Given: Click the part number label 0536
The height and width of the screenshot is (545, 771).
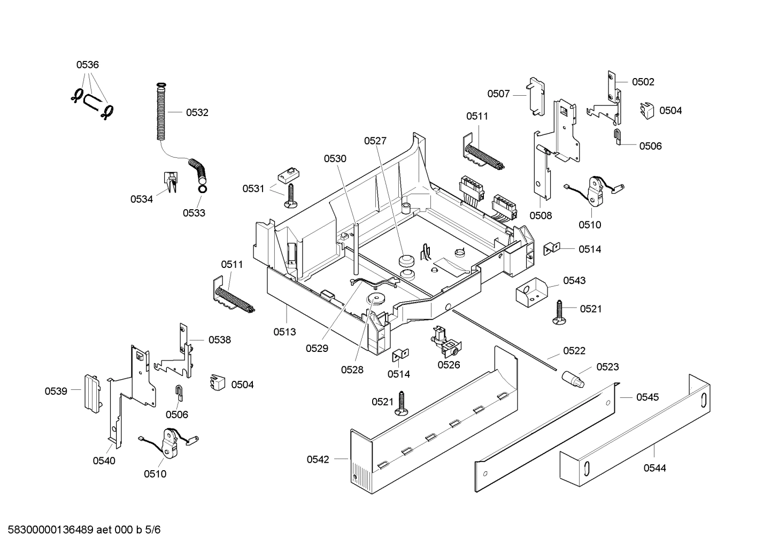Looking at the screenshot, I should (x=87, y=65).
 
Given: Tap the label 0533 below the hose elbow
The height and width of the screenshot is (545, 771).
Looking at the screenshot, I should (x=194, y=213).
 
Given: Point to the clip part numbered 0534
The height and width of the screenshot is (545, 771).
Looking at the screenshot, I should (x=171, y=183).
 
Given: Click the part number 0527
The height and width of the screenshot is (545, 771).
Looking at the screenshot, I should (x=375, y=141).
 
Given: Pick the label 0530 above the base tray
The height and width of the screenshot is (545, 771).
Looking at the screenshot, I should (x=335, y=158).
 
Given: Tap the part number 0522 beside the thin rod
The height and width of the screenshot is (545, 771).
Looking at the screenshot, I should (x=574, y=351).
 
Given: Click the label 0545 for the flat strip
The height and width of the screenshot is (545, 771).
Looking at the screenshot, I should (x=647, y=397).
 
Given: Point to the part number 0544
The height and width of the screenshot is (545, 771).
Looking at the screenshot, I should (x=654, y=468).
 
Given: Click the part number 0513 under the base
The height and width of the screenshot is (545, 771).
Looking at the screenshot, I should (x=284, y=332).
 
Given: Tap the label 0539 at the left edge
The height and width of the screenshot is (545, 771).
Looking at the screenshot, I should (x=56, y=391).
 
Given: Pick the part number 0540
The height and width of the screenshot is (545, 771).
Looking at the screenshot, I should (x=104, y=460).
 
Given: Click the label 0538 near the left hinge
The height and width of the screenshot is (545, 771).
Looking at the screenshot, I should (x=219, y=340).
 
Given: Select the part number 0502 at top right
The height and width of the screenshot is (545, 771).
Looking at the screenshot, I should (x=643, y=82).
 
